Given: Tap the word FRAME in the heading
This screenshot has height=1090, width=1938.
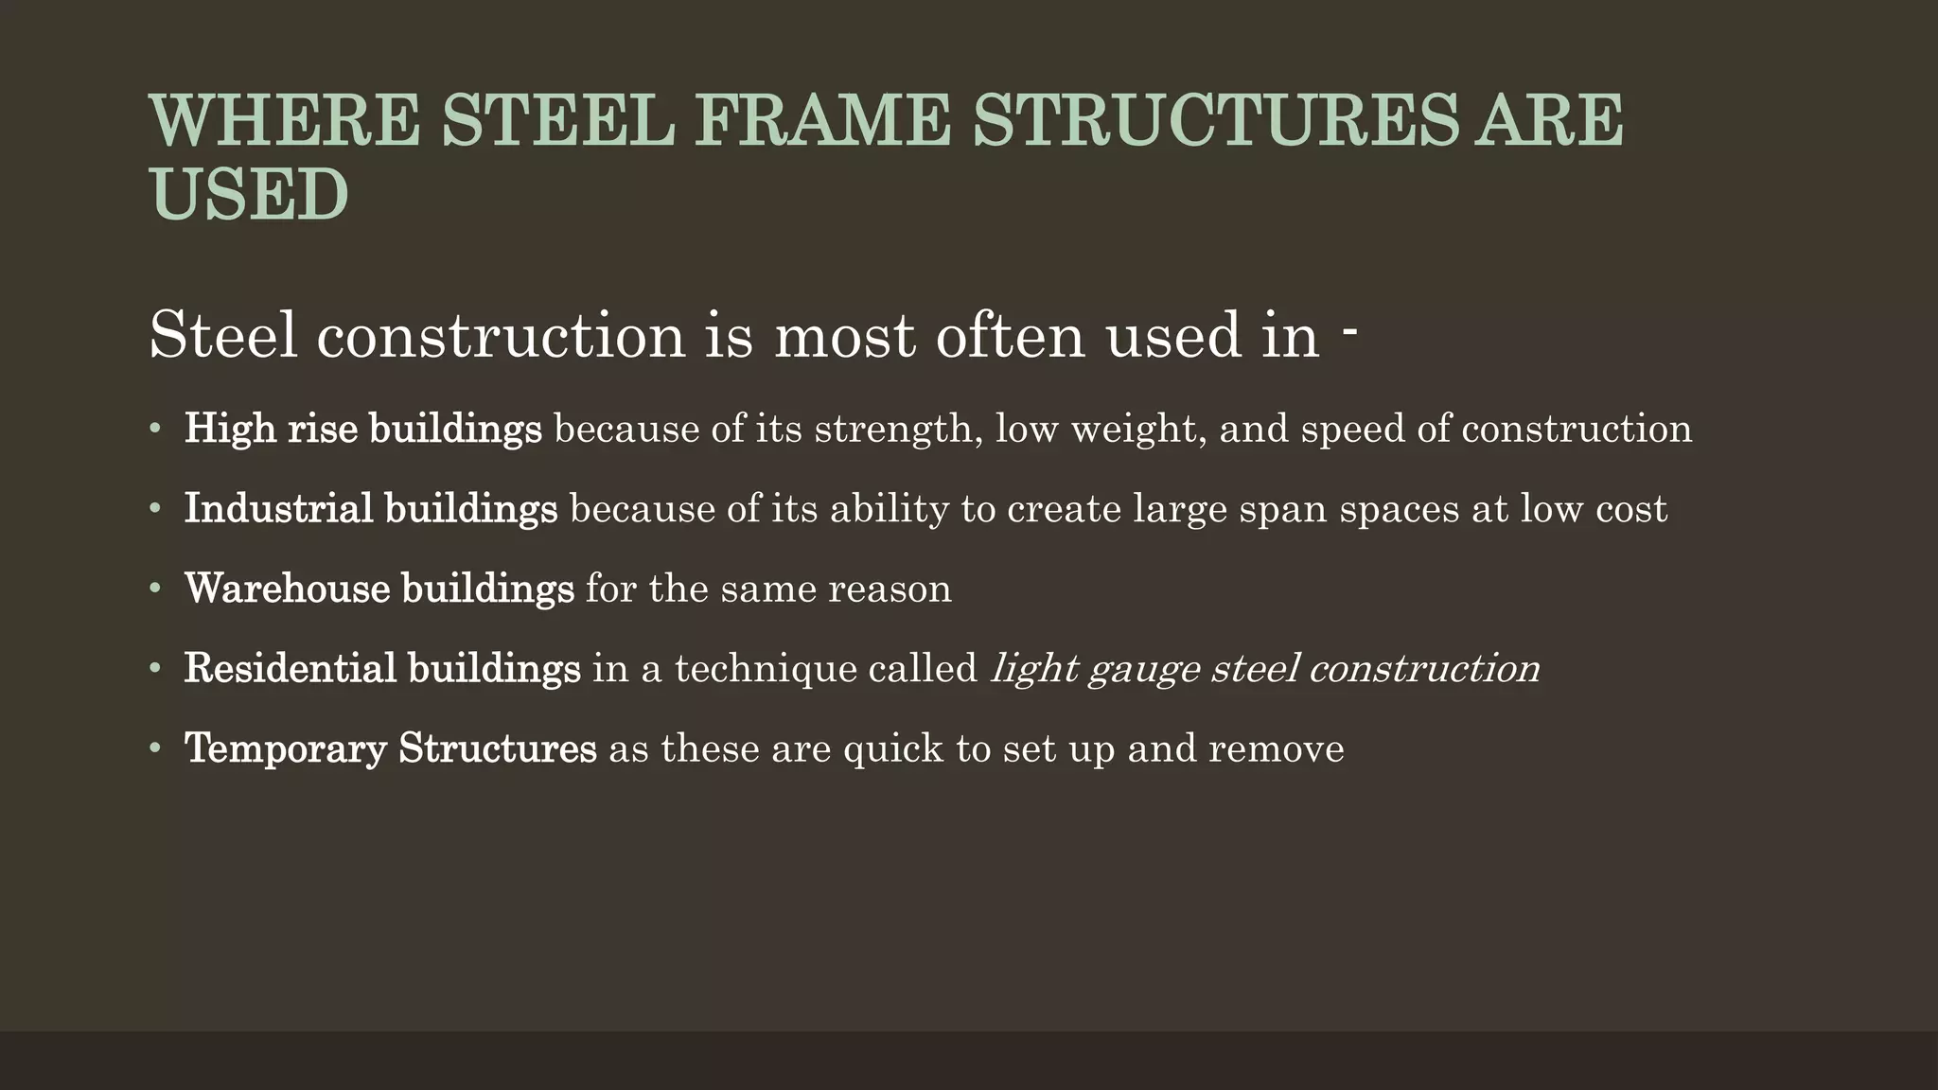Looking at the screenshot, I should pos(821,120).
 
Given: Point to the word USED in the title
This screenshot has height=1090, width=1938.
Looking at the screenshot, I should pos(250,195).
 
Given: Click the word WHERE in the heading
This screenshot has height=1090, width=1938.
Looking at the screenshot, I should pos(284,120).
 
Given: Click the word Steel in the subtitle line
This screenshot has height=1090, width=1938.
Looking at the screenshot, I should pos(224,335).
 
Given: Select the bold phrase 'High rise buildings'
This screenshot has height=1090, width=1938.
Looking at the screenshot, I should pos(362,430).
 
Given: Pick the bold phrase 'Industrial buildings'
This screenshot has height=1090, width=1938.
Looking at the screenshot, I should pos(370,509).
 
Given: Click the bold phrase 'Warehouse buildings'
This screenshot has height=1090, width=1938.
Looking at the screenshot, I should pos(379,589).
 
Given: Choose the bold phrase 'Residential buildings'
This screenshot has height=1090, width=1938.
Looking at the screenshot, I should pos(381,669).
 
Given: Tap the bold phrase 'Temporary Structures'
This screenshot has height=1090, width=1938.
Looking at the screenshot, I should pos(390,748).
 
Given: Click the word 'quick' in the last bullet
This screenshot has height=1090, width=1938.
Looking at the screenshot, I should pos(892,749).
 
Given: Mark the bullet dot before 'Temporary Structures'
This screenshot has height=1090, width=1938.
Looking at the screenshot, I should pos(155,748).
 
